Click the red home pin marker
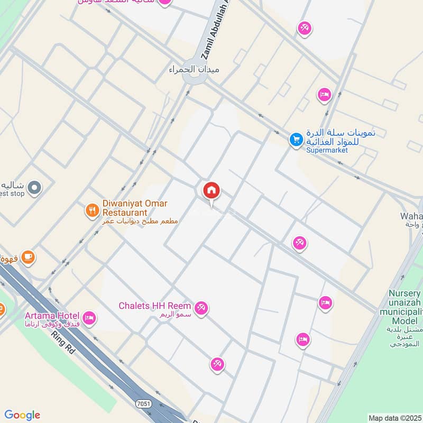pos(212,191)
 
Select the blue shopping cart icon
pos(296,140)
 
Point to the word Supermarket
pos(327,150)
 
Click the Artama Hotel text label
pos(51,316)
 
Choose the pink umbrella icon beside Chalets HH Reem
pos(201,308)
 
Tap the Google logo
pos(22,415)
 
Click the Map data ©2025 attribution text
pos(394,418)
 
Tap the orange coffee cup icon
pos(27,257)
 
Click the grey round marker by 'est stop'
pos(34,188)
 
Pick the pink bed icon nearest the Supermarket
pos(324,95)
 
